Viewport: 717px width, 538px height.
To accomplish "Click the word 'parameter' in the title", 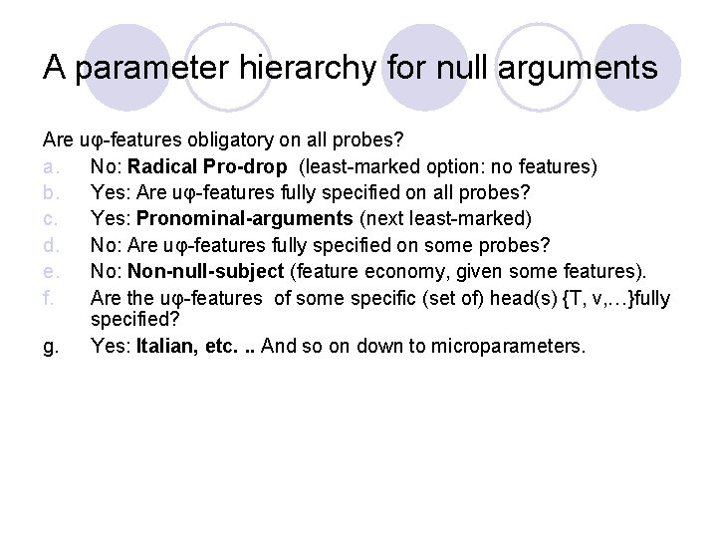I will (x=154, y=69).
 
